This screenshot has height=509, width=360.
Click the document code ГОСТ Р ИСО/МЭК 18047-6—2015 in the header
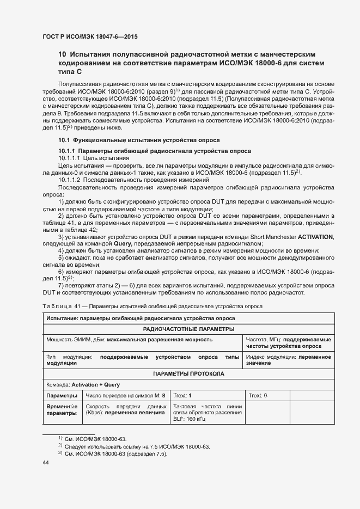click(90, 37)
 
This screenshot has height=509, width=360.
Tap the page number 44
click(45, 463)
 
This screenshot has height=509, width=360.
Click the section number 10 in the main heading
click(62, 54)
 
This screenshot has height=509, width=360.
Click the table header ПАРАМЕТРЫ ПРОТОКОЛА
click(189, 375)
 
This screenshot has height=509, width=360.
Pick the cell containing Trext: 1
click(182, 396)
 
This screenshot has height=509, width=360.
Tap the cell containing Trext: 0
click(258, 396)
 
